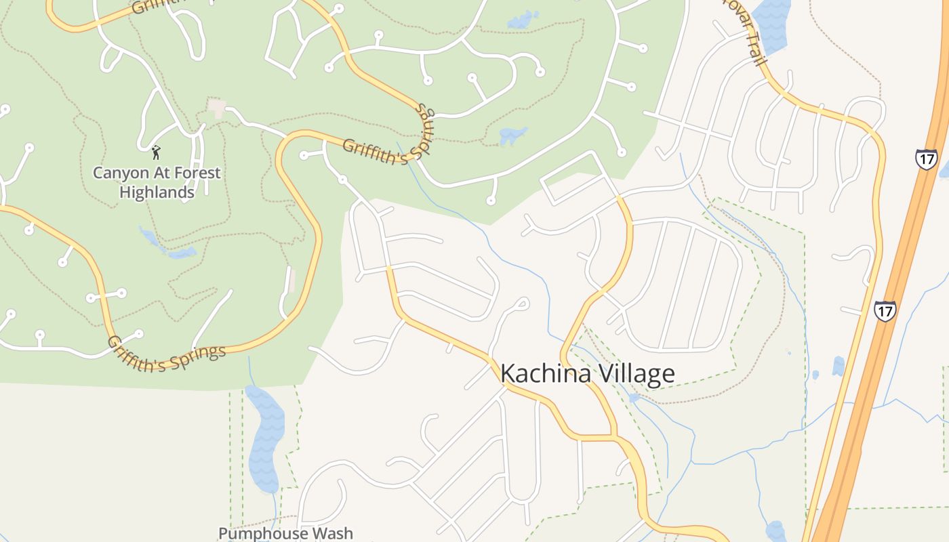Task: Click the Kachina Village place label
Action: coord(587,373)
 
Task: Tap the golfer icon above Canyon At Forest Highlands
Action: coord(156,152)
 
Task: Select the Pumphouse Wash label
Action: coord(285,533)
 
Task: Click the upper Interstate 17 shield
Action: coord(926,159)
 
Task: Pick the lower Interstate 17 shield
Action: coord(885,310)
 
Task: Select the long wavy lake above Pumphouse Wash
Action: coord(265,437)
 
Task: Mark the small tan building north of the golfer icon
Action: coord(217,107)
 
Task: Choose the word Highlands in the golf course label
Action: coord(157,192)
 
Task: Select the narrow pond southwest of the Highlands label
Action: coord(167,247)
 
